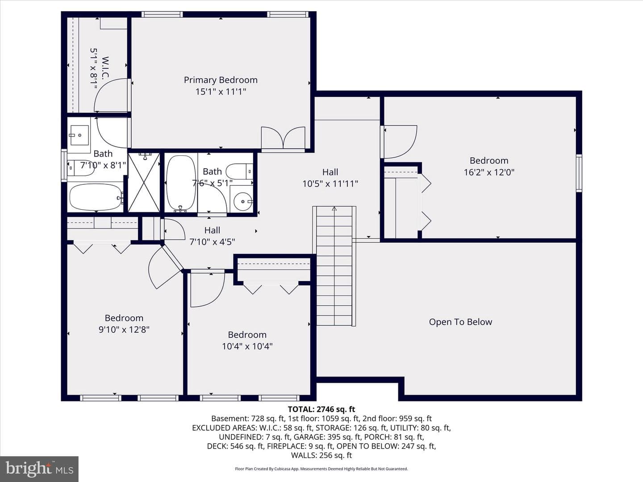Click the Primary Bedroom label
point(221,80)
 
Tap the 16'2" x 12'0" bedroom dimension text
point(489,172)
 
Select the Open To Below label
point(460,322)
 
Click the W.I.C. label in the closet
point(105,67)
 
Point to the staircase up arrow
point(334,209)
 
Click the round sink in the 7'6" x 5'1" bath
point(243,202)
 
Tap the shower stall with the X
point(144,182)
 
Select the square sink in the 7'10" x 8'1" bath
point(79,135)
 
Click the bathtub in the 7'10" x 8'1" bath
point(96,197)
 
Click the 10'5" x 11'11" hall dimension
point(330,184)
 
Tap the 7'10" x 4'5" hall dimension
point(212,242)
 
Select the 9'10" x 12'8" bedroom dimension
point(124,330)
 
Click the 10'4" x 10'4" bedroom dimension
point(247,346)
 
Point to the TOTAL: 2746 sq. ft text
point(321,409)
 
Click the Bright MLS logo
point(39,469)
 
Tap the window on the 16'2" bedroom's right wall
point(579,173)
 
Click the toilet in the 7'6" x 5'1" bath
point(239,171)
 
